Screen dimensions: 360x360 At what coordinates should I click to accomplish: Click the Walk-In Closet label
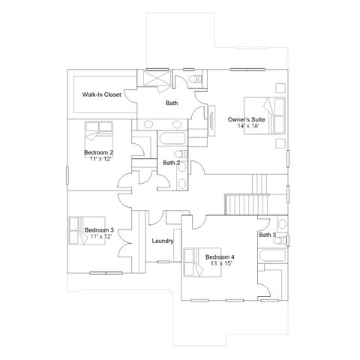[x=102, y=94]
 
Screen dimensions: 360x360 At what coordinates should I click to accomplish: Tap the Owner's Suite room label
[x=246, y=119]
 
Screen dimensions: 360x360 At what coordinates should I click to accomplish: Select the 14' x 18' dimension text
[x=247, y=126]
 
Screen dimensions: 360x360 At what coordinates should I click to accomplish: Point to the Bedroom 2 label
[x=98, y=152]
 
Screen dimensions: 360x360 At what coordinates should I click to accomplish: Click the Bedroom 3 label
[x=99, y=230]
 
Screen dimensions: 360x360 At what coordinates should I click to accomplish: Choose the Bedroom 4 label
[x=220, y=257]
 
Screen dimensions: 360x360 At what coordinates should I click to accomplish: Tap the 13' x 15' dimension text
[x=222, y=263]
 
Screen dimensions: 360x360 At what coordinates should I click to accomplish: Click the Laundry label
[x=163, y=241]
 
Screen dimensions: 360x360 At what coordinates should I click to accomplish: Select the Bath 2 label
[x=172, y=163]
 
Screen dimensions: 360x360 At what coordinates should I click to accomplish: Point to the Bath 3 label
[x=268, y=235]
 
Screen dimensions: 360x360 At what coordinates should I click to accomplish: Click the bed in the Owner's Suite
[x=265, y=115]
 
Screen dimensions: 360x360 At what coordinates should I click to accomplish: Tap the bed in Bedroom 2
[x=99, y=136]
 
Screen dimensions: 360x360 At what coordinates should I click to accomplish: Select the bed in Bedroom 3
[x=87, y=231]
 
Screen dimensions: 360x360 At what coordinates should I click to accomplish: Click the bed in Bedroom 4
[x=202, y=262]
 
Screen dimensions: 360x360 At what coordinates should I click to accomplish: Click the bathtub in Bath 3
[x=273, y=256]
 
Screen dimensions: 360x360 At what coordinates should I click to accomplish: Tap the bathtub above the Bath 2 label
[x=172, y=138]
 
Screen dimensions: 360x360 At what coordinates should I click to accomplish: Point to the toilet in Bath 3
[x=280, y=241]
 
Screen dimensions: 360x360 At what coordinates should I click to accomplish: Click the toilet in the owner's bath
[x=196, y=79]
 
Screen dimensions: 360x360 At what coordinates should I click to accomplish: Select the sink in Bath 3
[x=282, y=224]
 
